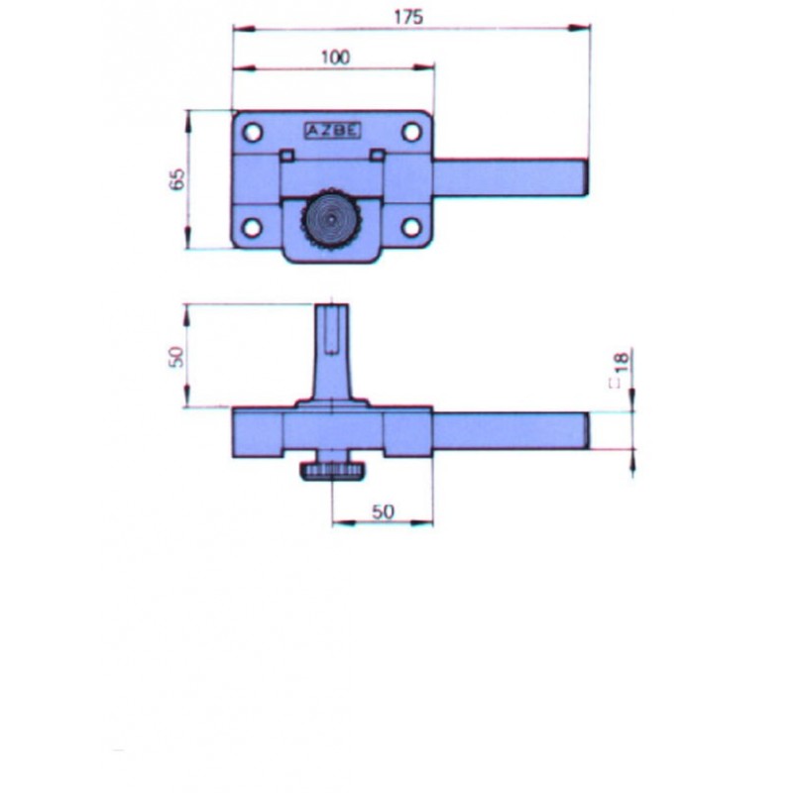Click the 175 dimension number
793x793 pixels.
408,17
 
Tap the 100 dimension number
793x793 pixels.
335,57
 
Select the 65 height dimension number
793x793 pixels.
177,179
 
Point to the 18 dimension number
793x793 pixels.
622,361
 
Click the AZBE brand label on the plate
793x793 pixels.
332,131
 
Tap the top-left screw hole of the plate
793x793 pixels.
253,133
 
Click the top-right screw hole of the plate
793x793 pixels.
411,133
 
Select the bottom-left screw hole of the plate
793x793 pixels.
253,227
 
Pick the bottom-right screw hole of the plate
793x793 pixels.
411,227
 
